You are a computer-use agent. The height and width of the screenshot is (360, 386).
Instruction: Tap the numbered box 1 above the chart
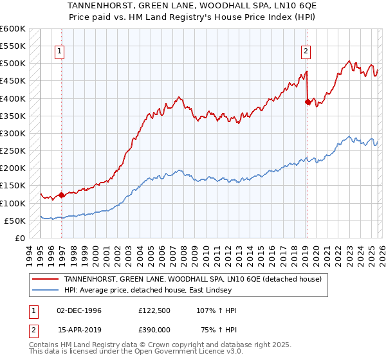tap(59, 52)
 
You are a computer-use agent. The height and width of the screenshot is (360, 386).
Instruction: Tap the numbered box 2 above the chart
tap(306, 52)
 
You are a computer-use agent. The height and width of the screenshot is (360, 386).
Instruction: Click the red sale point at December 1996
tap(61, 195)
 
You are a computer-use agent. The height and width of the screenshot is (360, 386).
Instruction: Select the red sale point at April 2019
tap(308, 102)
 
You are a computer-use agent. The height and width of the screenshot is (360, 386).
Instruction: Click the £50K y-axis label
tap(15, 221)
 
